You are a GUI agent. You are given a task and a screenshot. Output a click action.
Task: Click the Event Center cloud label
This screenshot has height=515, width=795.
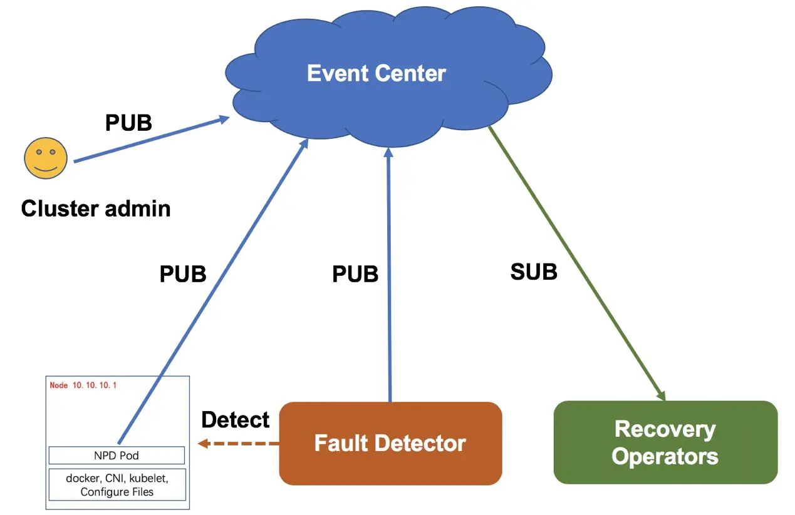(x=376, y=73)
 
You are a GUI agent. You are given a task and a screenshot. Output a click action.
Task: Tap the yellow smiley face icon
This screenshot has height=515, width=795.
(x=46, y=159)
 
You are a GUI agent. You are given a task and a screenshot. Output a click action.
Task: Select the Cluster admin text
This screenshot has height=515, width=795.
(x=95, y=208)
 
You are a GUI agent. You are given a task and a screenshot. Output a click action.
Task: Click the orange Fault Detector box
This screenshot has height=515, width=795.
(x=390, y=443)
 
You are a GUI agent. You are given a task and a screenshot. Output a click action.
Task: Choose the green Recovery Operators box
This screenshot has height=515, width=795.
(x=665, y=442)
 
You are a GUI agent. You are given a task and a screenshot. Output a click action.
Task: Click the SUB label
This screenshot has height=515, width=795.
(x=534, y=272)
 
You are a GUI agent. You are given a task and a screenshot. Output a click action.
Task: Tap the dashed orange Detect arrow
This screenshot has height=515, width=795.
(x=238, y=444)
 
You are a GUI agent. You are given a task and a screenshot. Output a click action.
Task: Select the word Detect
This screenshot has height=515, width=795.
(x=236, y=419)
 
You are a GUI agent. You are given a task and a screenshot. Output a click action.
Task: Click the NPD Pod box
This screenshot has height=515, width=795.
(x=117, y=455)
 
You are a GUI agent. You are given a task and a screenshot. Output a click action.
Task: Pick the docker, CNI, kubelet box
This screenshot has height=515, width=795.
(x=117, y=484)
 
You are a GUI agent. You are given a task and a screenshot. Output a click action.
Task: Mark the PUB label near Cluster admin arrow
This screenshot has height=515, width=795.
(x=128, y=123)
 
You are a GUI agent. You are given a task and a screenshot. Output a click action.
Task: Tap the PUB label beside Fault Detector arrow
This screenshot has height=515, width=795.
(x=355, y=274)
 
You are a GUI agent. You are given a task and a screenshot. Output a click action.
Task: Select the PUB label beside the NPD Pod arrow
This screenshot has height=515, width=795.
(x=183, y=274)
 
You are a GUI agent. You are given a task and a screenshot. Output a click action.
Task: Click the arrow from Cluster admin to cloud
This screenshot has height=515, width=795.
(x=150, y=140)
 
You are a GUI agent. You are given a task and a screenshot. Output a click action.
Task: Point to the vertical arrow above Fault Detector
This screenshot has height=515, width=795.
(x=389, y=275)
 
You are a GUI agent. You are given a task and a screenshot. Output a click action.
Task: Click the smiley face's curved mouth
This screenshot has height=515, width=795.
(x=46, y=168)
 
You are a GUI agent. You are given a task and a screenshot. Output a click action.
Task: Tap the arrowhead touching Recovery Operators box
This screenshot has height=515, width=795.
(x=660, y=394)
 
